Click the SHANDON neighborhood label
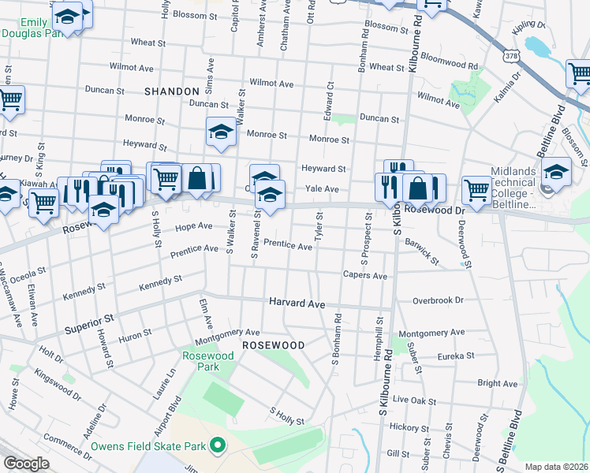pos(172,91)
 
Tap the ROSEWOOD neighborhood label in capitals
pos(273,345)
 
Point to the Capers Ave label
pos(364,276)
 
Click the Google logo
pos(26,464)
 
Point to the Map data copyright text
pos(557,467)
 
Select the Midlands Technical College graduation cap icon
pos(556,173)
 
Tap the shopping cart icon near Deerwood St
pos(476,189)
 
